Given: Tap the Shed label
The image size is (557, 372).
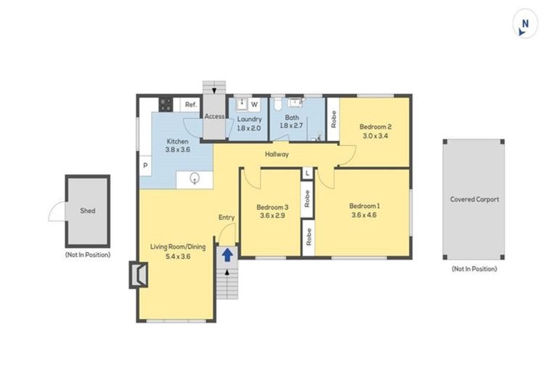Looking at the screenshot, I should (87, 211).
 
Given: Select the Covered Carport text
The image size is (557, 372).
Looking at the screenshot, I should (474, 199).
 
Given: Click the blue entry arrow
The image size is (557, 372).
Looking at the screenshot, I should (228, 255).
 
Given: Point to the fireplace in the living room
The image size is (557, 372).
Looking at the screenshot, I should (139, 275).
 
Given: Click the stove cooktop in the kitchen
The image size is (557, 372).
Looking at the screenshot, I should (165, 105).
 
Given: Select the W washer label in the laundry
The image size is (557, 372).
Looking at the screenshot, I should (255, 105).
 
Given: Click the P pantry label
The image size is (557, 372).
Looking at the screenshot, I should (145, 166).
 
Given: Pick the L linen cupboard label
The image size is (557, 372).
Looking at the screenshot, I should (308, 173).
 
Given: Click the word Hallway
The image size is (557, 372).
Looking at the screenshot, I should (276, 154).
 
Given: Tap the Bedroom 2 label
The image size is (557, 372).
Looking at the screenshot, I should (375, 126).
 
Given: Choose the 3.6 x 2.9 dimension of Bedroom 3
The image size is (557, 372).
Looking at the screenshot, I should (271, 216).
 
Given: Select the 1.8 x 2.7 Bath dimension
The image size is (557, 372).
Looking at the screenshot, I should (292, 126).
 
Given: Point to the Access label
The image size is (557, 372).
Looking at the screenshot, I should (215, 116).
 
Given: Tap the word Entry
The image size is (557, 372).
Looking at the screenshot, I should (226, 217).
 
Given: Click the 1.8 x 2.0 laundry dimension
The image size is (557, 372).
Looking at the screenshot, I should (249, 127).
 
